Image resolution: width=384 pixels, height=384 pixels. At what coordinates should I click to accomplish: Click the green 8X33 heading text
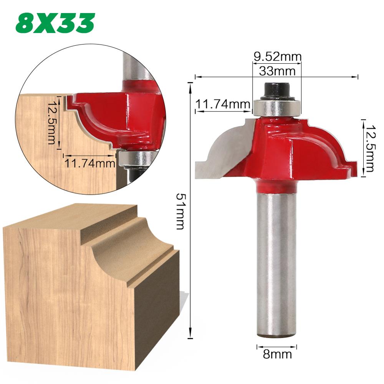click(x=55, y=24)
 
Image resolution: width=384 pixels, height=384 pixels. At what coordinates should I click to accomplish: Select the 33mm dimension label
click(x=277, y=71)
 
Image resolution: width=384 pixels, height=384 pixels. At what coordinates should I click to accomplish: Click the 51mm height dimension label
click(x=180, y=211)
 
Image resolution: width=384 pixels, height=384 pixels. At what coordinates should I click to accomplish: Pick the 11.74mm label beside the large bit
click(x=222, y=104)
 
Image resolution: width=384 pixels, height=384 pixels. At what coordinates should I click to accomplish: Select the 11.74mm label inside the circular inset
click(x=90, y=164)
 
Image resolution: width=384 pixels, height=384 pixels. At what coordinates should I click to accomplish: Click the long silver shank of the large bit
click(x=276, y=265)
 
